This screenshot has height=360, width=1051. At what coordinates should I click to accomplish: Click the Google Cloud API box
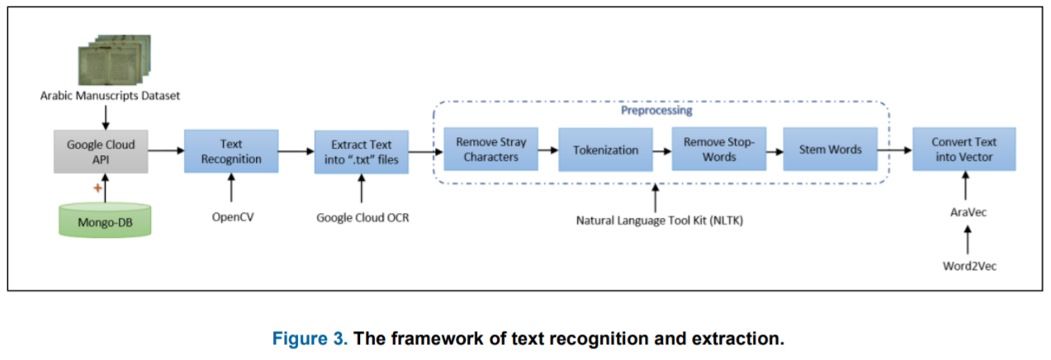[101, 152]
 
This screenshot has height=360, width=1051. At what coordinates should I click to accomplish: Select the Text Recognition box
[231, 151]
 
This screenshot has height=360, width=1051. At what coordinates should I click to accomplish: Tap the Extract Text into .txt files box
[362, 152]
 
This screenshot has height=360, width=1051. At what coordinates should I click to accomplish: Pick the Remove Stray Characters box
[490, 149]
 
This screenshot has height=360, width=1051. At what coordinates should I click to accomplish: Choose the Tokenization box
[605, 149]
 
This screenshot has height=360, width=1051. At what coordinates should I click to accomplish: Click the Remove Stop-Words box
[719, 149]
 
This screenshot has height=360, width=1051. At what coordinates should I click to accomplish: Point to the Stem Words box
[831, 149]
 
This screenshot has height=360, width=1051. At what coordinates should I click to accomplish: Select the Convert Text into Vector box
[964, 149]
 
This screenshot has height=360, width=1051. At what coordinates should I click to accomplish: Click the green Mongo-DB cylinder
[105, 220]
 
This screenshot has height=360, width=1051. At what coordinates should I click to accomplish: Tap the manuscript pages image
[115, 59]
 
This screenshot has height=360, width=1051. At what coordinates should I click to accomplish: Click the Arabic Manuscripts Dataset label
[111, 96]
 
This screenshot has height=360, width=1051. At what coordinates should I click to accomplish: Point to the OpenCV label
[233, 217]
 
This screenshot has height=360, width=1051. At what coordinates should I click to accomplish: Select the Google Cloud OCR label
[362, 217]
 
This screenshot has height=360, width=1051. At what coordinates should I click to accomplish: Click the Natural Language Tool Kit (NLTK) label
[660, 220]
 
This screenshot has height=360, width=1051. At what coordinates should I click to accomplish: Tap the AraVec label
[968, 212]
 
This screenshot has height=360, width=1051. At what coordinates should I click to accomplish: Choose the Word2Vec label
[970, 266]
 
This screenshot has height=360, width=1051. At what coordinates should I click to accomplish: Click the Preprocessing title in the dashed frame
[656, 111]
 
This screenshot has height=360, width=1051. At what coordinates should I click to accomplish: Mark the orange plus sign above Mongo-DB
[97, 188]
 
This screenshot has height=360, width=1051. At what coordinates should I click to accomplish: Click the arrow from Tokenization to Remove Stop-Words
[662, 151]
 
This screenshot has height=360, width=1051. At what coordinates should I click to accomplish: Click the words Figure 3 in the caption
[310, 339]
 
